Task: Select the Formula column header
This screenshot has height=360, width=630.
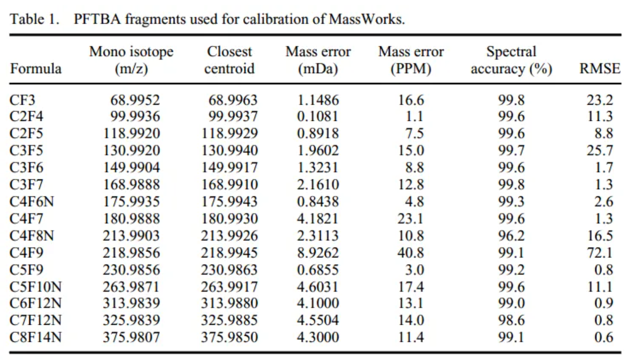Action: [x=36, y=68]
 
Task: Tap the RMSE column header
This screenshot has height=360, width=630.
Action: [x=599, y=68]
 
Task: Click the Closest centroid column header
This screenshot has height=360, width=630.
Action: [x=230, y=60]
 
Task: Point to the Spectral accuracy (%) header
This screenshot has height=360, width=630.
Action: [x=511, y=60]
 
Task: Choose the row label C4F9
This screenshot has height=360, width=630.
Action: [x=26, y=253]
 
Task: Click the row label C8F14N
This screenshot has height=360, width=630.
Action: [x=36, y=337]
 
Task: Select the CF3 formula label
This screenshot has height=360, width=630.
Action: [x=22, y=100]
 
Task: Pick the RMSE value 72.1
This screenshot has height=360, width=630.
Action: [x=599, y=253]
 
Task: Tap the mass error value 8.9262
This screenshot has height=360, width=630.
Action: [x=318, y=253]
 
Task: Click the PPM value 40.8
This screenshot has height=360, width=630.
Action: [x=411, y=253]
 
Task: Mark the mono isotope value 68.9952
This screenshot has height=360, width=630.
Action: [x=135, y=100]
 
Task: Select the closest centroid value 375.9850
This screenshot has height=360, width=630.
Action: [x=229, y=337]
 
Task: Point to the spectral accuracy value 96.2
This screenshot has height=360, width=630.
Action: [x=511, y=236]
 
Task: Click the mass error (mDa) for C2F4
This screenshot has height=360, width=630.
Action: [x=318, y=116]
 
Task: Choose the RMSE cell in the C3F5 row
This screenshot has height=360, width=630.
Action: [x=599, y=151]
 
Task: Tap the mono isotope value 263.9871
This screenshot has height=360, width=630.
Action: [x=131, y=287]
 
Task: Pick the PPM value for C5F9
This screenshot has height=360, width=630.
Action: [x=414, y=270]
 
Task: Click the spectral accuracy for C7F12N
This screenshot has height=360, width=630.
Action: [x=511, y=320]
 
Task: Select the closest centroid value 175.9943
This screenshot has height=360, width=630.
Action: [x=229, y=201]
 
